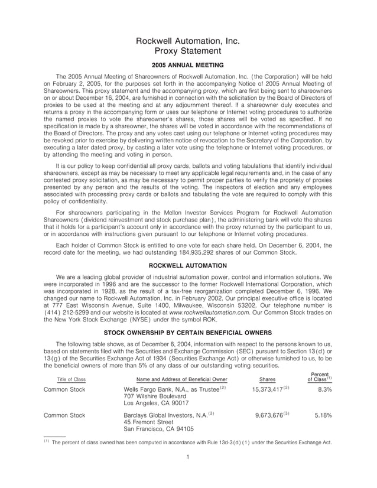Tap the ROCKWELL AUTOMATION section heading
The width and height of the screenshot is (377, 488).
[x=188, y=265]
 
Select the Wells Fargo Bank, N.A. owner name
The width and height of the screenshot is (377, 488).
[x=160, y=390]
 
